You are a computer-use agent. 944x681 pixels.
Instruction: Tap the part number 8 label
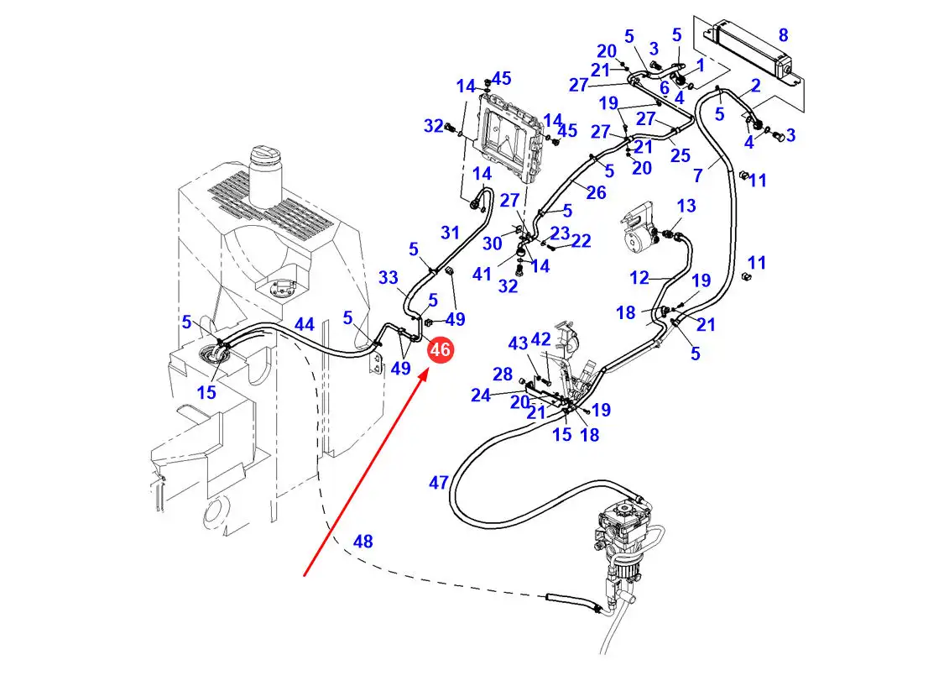coord(783,35)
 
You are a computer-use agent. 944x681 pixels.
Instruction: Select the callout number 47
coord(439,483)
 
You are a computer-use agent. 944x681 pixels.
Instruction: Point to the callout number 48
coord(362,542)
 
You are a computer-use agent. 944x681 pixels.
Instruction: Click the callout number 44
coord(304,323)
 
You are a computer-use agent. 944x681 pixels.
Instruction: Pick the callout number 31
coord(451,233)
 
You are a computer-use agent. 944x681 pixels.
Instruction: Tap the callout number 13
coord(686,206)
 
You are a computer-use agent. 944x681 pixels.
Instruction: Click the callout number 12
coord(640,277)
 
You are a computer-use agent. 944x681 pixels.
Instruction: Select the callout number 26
coord(596,193)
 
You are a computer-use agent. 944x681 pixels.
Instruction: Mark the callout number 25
coord(681,155)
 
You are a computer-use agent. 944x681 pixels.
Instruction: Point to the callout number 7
coord(698,176)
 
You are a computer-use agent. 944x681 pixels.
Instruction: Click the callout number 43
coord(519,343)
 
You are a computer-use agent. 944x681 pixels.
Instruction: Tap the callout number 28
coord(502,374)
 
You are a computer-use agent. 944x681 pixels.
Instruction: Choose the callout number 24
coord(480,395)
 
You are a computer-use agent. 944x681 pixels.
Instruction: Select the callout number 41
coord(482,274)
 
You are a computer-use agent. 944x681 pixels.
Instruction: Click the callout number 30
coord(492,243)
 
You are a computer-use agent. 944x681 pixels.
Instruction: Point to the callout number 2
coord(755,85)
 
